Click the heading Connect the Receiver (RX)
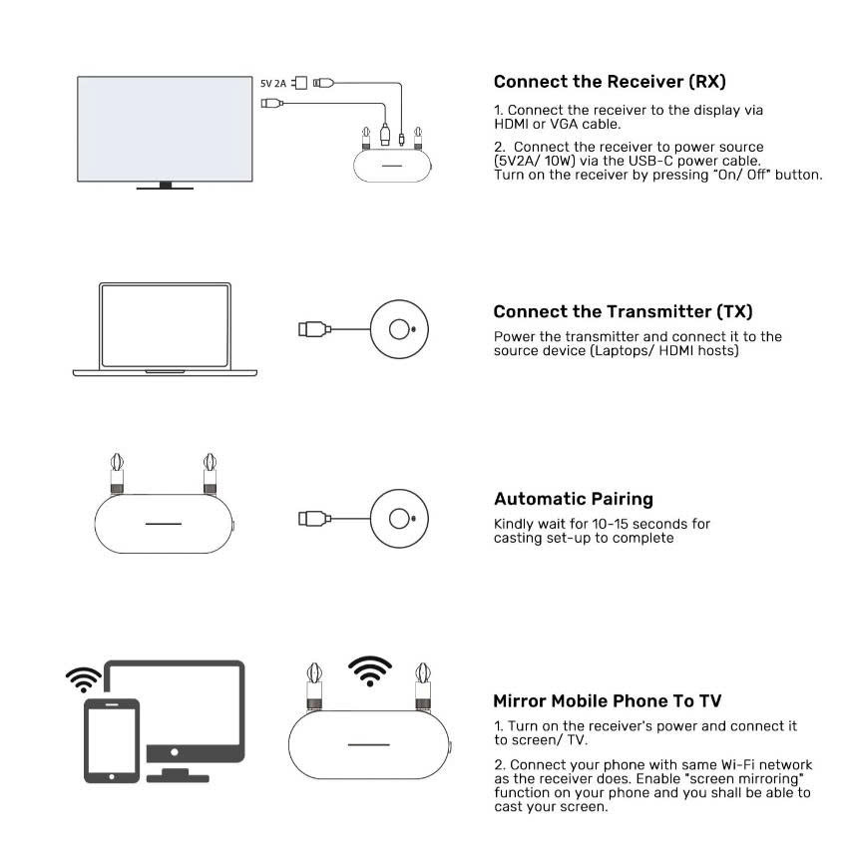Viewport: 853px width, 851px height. click(610, 82)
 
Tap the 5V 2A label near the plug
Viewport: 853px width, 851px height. click(273, 83)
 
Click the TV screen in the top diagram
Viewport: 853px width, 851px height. click(165, 129)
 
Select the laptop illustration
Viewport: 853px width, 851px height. click(165, 329)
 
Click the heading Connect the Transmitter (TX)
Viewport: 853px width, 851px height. click(623, 312)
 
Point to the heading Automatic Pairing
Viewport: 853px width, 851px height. click(574, 499)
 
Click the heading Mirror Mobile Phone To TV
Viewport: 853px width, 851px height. click(608, 700)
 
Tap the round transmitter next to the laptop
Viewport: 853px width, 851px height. click(399, 329)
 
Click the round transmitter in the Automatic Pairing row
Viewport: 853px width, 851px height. click(399, 519)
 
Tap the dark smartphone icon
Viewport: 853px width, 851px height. click(112, 741)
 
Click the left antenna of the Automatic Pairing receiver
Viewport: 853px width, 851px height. click(117, 473)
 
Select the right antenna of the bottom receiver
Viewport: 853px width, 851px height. click(423, 686)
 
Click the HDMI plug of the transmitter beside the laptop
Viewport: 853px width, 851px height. click(314, 329)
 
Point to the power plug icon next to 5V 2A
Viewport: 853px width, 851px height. click(299, 83)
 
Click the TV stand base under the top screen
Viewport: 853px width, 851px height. click(165, 187)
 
